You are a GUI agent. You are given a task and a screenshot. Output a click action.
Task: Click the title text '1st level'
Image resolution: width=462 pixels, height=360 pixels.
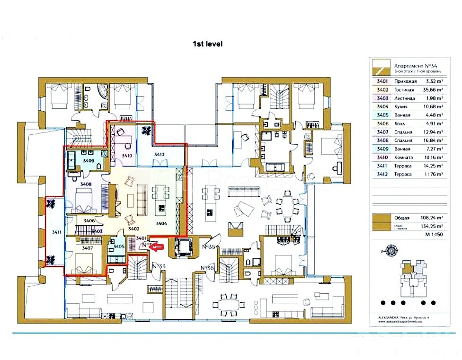click(x=207, y=44)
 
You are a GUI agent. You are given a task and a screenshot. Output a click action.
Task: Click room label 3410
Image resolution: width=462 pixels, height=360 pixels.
click(x=126, y=155)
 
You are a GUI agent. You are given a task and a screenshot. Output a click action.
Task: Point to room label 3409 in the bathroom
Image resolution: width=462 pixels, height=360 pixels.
click(x=89, y=161)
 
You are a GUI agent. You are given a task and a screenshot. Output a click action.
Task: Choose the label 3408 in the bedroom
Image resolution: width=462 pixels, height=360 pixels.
click(x=86, y=184)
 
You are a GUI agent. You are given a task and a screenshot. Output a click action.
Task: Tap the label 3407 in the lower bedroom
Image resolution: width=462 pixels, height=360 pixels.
click(x=87, y=248)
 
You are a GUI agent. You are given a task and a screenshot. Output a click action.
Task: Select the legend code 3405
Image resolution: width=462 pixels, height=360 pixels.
click(x=382, y=115)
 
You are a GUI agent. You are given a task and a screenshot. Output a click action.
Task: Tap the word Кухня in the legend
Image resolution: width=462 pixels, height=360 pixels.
click(x=400, y=107)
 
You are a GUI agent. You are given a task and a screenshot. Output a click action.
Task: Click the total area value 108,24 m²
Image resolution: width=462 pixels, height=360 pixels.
click(x=433, y=218)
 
